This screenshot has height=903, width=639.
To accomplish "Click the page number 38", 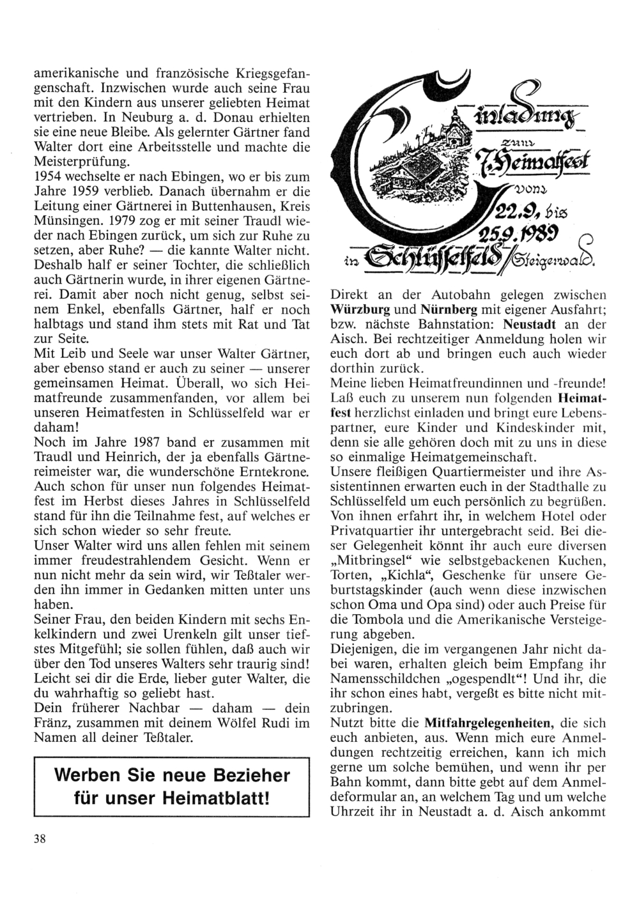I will [x=40, y=840].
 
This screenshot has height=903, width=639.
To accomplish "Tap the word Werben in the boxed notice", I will [x=90, y=776].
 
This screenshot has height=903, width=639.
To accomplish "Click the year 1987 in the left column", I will [x=146, y=442].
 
